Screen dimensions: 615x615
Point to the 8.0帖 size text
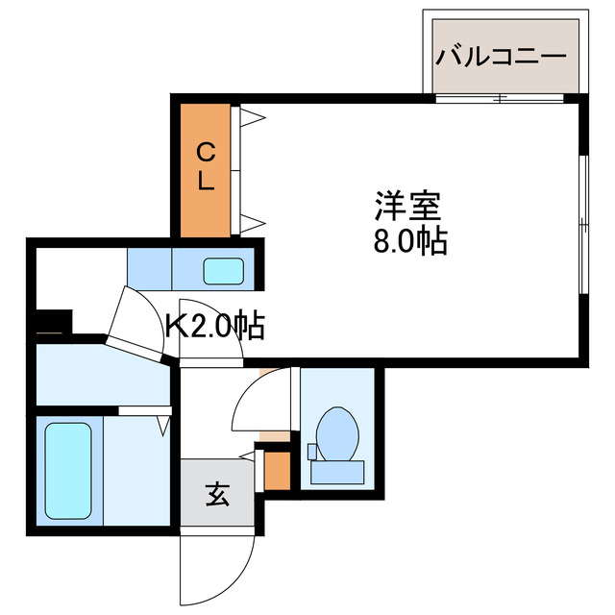409,241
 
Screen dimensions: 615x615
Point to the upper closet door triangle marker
252,119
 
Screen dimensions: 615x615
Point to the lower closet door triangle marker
252,224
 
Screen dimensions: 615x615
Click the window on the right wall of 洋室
582,223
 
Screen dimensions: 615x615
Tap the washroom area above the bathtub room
101,376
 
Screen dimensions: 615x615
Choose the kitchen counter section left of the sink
150,268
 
